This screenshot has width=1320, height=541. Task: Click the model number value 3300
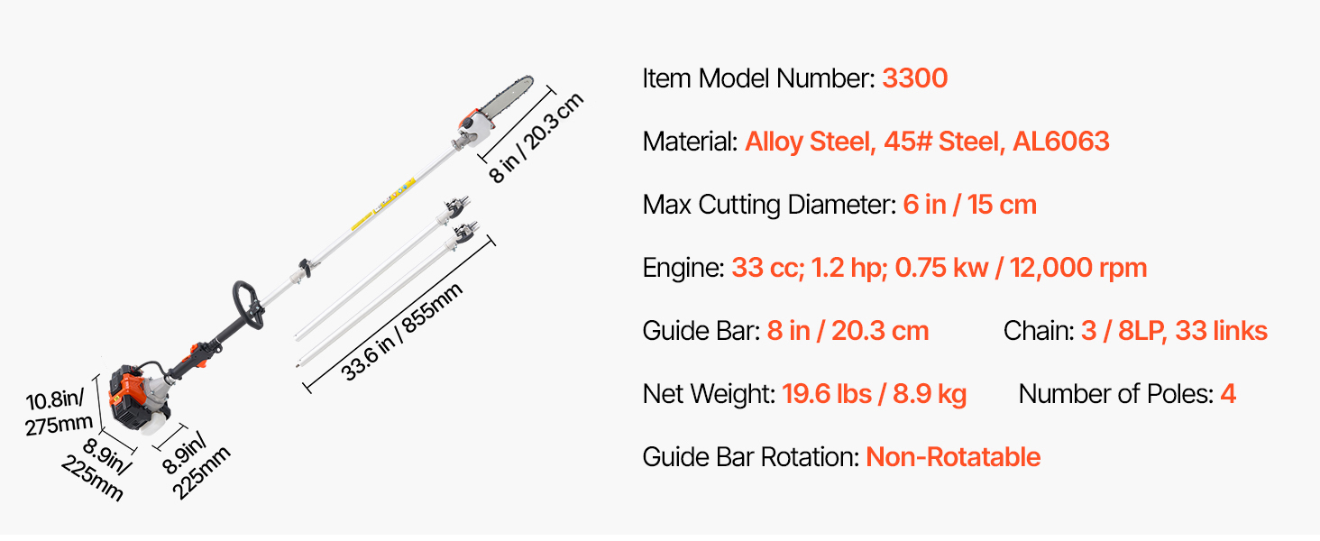pos(914,78)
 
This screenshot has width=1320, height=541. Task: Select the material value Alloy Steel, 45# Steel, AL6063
pos(927,142)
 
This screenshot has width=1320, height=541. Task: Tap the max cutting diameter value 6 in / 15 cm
pos(969,205)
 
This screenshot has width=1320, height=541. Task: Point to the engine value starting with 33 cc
pos(940,268)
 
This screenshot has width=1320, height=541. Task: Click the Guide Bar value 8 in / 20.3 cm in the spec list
pos(848,331)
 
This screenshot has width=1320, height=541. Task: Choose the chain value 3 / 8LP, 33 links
pos(1174,331)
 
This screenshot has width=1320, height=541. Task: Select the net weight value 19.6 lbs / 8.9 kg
pos(875,394)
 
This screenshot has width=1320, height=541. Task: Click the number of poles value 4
pos(1228,394)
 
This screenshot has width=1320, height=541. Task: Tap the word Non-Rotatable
pos(953,457)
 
